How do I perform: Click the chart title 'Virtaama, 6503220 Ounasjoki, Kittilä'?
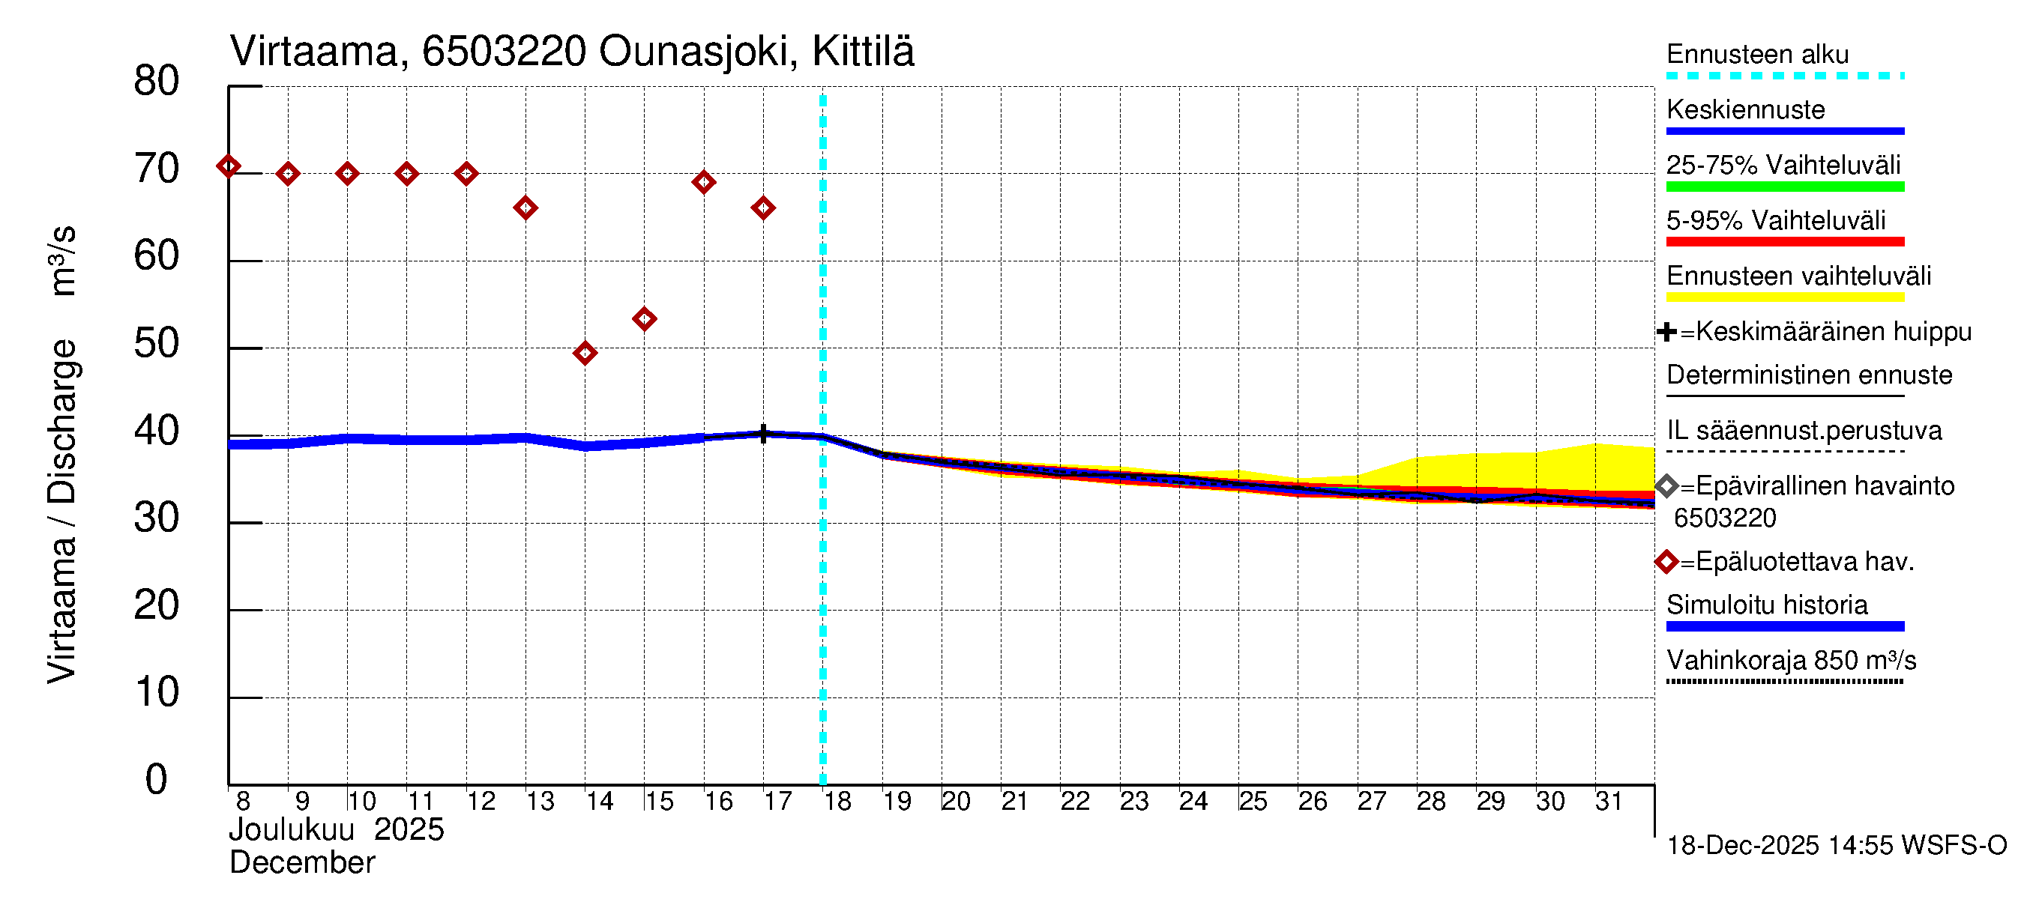(x=571, y=52)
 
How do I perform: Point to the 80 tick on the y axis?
(x=157, y=82)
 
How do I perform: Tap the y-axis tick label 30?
(x=157, y=518)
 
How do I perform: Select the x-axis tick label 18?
(x=837, y=802)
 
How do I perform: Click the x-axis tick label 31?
(x=1609, y=802)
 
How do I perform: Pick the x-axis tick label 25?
(x=1253, y=802)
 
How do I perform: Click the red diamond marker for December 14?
(x=585, y=354)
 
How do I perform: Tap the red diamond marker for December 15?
(x=644, y=319)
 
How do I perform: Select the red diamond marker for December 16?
(x=703, y=182)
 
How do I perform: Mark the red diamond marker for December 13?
(x=525, y=208)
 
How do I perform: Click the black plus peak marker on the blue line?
(x=763, y=434)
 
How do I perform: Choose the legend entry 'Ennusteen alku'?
(x=1757, y=55)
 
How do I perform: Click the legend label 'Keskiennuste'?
(x=1745, y=110)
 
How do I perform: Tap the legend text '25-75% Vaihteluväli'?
(x=1783, y=165)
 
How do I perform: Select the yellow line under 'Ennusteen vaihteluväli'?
(x=1784, y=297)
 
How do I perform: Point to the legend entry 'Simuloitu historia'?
(x=1766, y=605)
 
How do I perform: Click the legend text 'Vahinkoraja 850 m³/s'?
(x=1791, y=660)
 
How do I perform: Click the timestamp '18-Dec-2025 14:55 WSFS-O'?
(x=1836, y=846)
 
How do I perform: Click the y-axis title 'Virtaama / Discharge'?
(x=61, y=510)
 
